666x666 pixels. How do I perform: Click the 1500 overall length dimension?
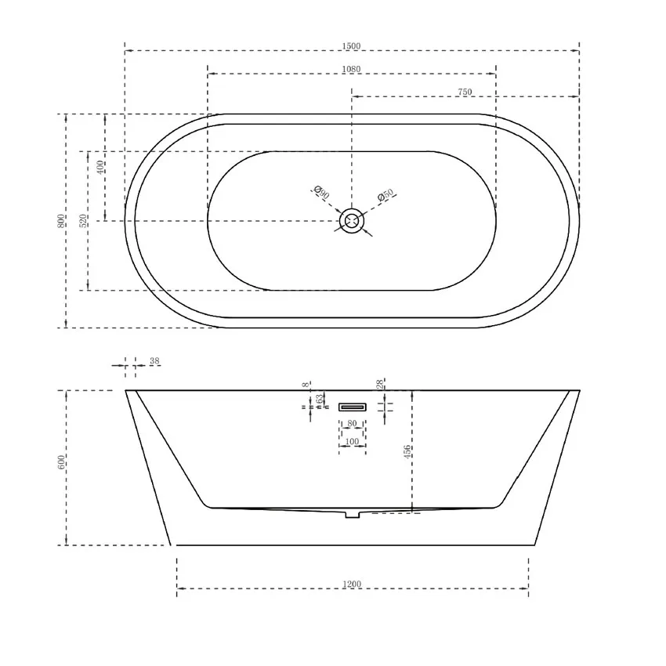[x=351, y=46]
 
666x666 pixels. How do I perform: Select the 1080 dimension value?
[x=351, y=70]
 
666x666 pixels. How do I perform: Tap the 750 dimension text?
[x=464, y=92]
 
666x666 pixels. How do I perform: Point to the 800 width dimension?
[x=61, y=221]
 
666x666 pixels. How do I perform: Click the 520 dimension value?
[x=83, y=221]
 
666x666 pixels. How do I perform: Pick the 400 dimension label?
[x=100, y=167]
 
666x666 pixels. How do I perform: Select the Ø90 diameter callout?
[x=320, y=192]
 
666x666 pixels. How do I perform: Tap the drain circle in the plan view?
[x=352, y=221]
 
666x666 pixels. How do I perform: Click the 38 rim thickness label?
[x=154, y=361]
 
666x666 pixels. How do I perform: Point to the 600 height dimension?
[x=61, y=462]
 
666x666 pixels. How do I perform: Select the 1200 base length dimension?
[x=352, y=584]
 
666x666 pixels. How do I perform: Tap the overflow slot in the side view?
[x=353, y=407]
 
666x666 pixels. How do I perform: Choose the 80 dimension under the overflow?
[x=352, y=424]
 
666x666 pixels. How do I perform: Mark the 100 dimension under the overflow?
[x=352, y=443]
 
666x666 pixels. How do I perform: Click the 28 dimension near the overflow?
[x=380, y=384]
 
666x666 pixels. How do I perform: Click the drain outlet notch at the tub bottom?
[x=352, y=514]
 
